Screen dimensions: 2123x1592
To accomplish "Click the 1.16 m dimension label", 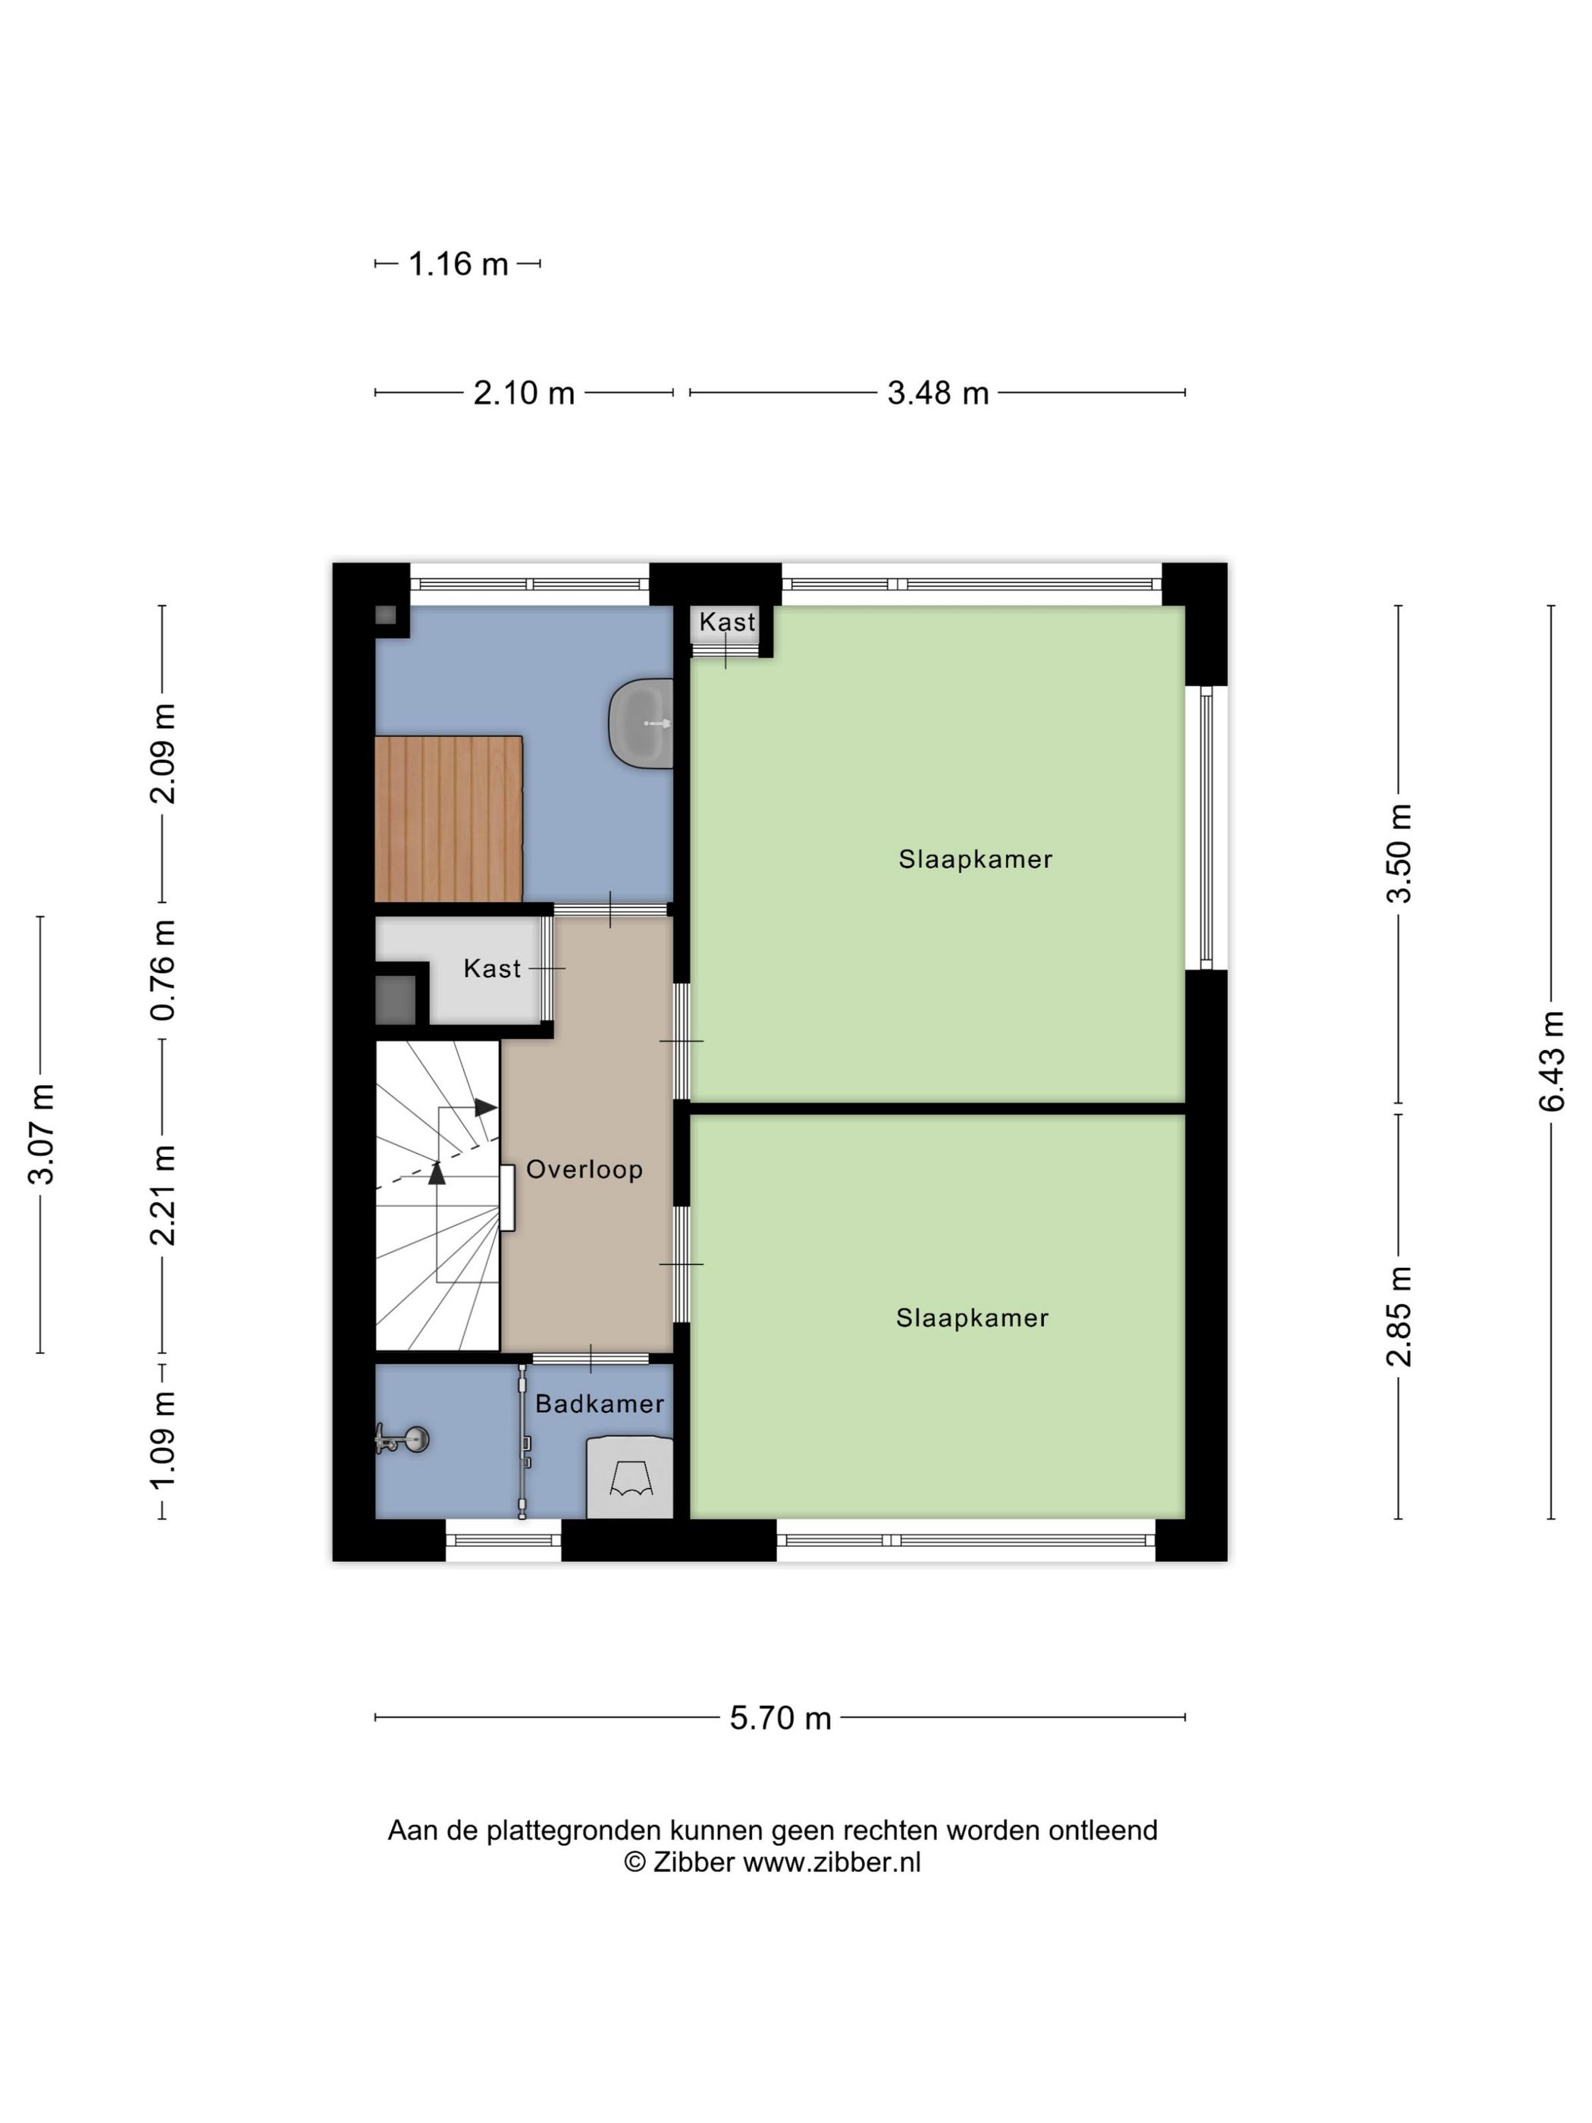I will (x=458, y=264).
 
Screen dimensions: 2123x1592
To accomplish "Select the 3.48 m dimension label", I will (x=938, y=393).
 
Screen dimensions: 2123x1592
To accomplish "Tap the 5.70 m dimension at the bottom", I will (x=779, y=1717).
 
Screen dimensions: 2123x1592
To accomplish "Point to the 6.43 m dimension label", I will (x=1551, y=1061).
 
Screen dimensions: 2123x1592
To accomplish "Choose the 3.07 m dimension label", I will (x=41, y=1134).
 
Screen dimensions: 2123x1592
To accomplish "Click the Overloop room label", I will (x=584, y=1169).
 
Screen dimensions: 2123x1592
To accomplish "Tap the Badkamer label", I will (x=599, y=1404).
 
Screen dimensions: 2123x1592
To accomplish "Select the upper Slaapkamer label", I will (x=975, y=859).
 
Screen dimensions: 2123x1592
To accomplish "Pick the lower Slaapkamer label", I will (x=972, y=1318).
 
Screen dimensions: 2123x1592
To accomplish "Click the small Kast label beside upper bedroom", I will (x=726, y=622).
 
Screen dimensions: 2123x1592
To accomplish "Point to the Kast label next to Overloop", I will (x=491, y=968).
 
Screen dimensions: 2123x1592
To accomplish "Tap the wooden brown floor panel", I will (x=447, y=819).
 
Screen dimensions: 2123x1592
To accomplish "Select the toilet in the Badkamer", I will (x=629, y=1477).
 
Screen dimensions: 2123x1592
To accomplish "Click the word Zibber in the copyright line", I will (x=693, y=1862).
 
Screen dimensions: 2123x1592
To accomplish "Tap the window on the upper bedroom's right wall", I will (x=1206, y=827).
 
